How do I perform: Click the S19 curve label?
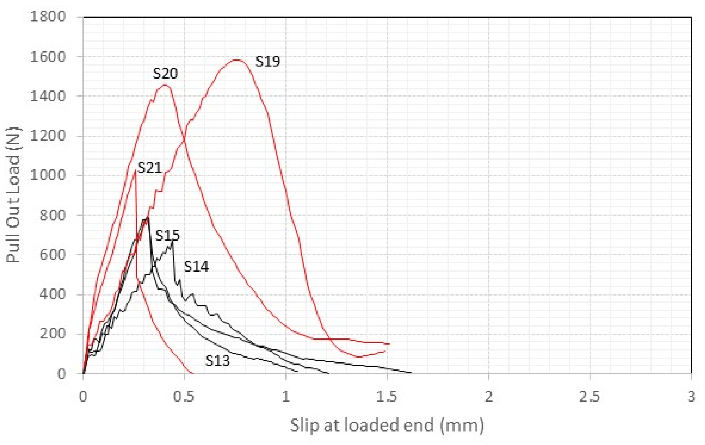267,62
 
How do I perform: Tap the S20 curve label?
165,73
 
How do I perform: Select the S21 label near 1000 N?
150,168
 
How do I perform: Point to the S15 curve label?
167,236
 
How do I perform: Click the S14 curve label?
196,267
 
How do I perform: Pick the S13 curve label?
217,361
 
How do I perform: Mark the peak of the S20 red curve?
164,85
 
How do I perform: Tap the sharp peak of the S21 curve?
135,171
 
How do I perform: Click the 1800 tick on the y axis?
48,16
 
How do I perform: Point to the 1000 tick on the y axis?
48,175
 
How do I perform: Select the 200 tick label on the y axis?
53,334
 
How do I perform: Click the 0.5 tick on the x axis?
184,397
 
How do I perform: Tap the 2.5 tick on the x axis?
589,397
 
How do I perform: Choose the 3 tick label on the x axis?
691,397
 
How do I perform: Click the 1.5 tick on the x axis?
387,397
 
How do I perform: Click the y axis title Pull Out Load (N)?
14,195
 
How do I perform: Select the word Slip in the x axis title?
305,425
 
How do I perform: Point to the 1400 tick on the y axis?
48,96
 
